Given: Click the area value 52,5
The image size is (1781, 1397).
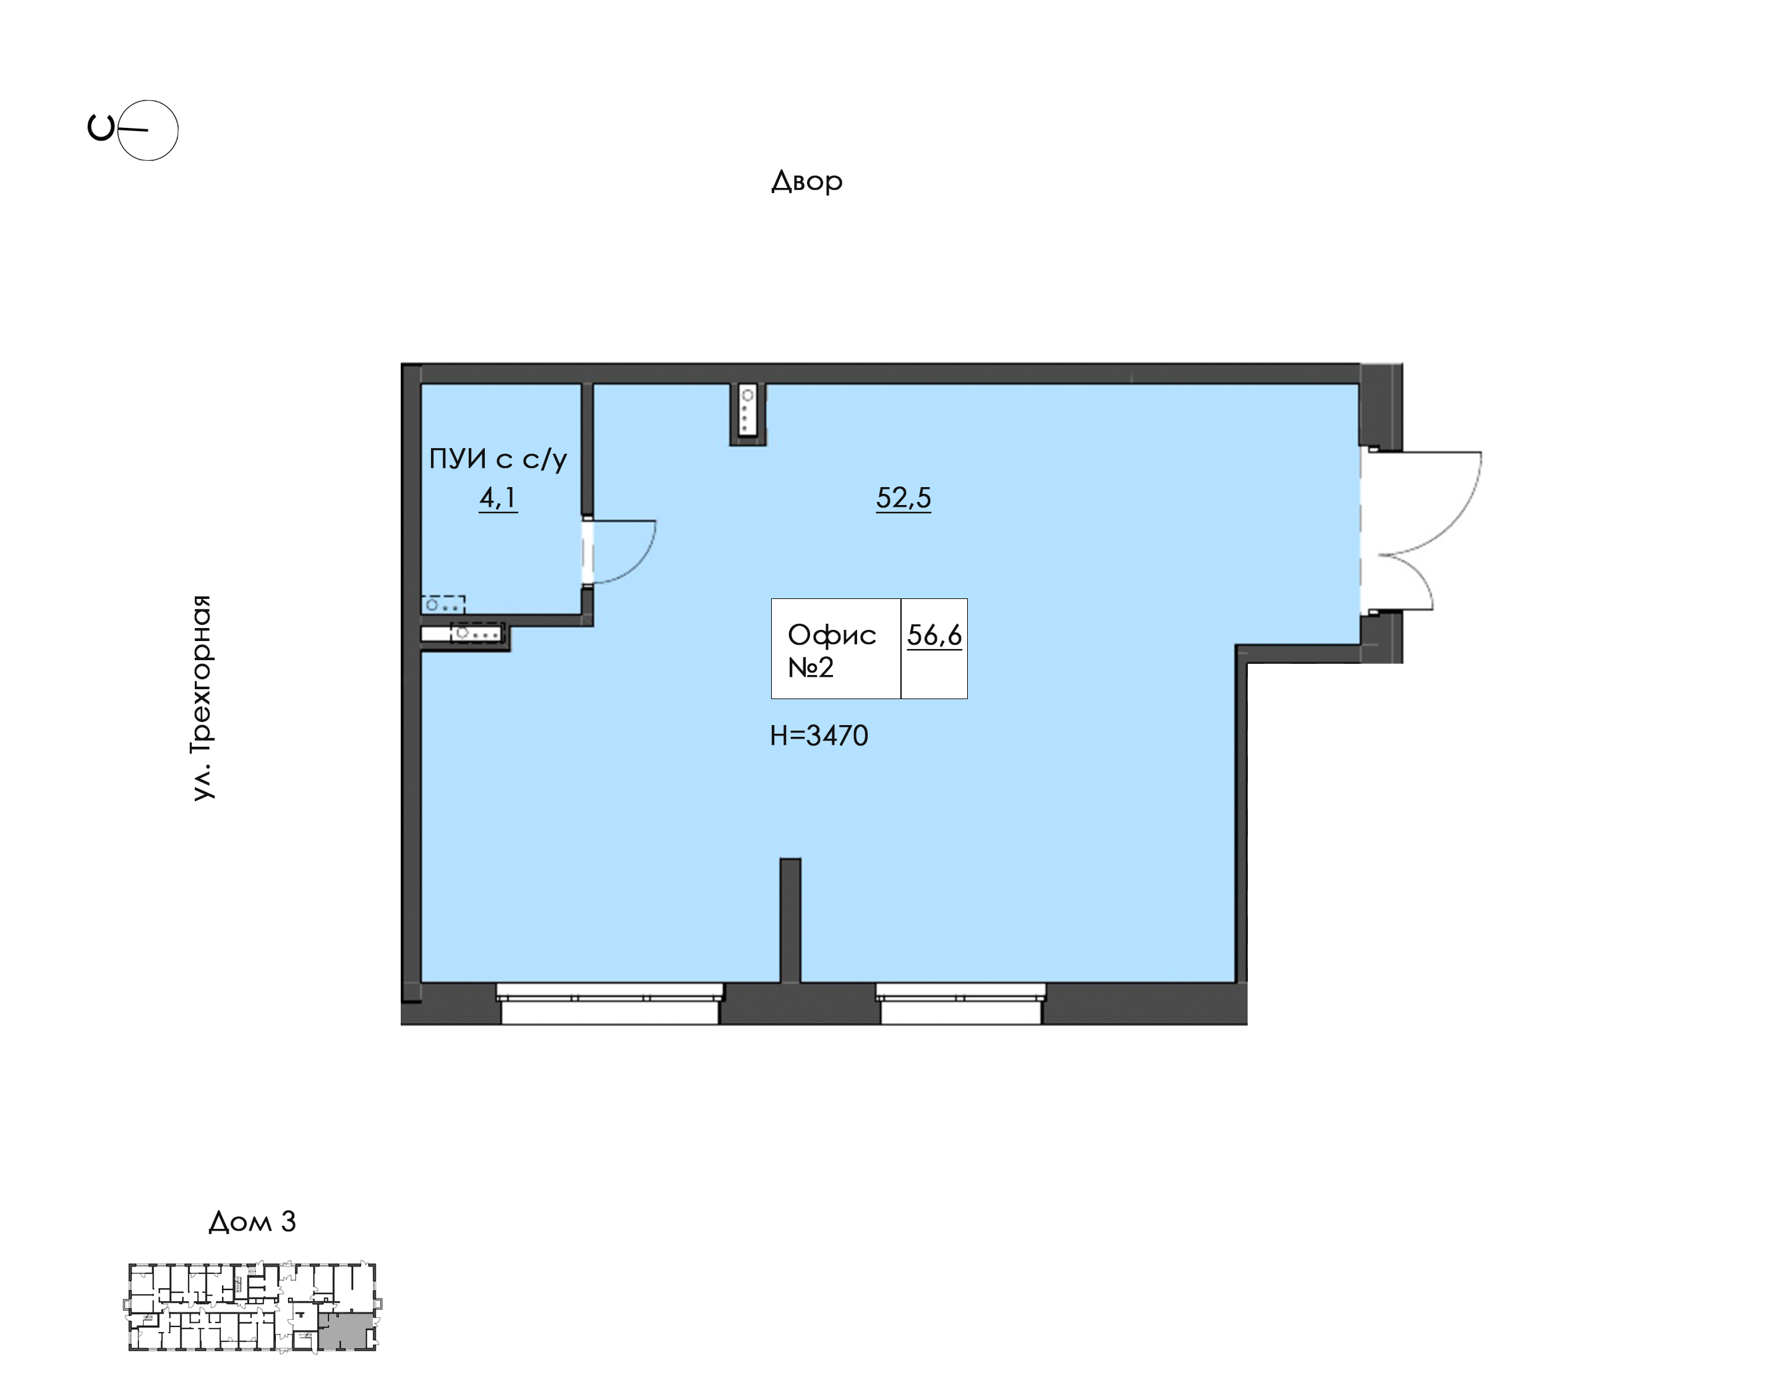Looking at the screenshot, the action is click(x=903, y=497).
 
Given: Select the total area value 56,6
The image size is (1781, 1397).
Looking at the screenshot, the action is click(x=934, y=635).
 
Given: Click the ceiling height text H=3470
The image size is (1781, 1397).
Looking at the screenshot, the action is click(x=819, y=736).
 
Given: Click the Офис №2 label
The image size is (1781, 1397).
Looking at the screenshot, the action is click(x=831, y=650).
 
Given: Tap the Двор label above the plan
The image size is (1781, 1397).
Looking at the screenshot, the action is click(x=806, y=180).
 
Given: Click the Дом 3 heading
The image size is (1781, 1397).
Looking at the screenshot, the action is click(x=252, y=1221).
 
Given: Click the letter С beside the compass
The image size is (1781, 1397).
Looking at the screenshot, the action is click(x=101, y=129).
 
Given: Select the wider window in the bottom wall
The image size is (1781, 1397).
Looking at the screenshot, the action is click(x=610, y=1004).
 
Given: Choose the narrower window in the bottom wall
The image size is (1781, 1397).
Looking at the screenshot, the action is click(x=960, y=1004).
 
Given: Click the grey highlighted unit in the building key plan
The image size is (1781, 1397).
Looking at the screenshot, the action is click(x=346, y=1331).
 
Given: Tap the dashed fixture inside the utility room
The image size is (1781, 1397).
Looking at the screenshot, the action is click(x=443, y=605).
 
